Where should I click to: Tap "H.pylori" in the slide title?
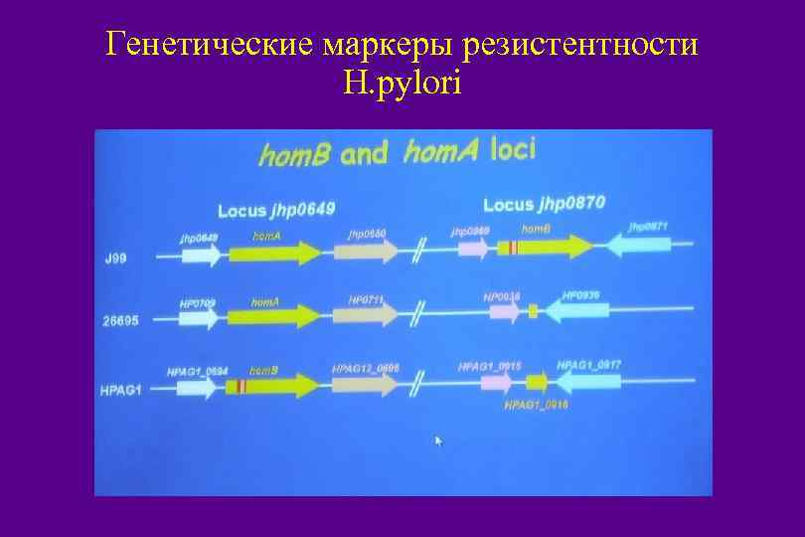point(402,86)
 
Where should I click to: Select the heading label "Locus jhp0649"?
point(276,210)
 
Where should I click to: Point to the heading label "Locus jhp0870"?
point(543,204)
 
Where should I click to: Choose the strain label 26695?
point(122,322)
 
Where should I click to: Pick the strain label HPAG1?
point(122,390)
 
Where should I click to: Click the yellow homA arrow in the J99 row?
point(274,254)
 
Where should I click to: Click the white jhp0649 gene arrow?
point(202,256)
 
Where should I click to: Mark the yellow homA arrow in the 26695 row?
point(272,317)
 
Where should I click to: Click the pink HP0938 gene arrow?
point(504,312)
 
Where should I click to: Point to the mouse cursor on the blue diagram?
point(438,441)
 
